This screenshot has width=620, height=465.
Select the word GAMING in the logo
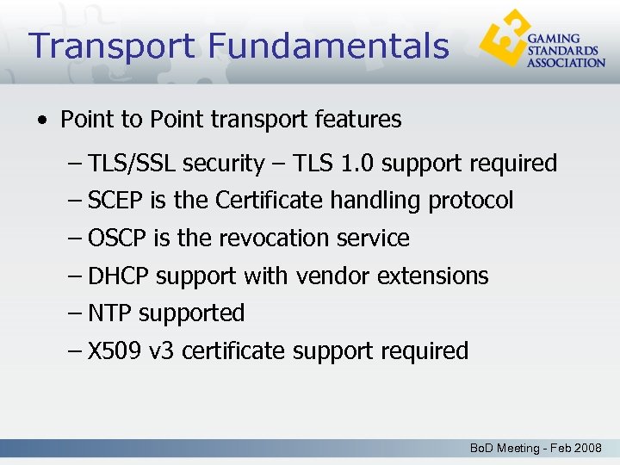553,40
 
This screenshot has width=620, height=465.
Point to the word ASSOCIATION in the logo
566,62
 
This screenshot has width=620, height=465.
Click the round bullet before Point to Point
43,120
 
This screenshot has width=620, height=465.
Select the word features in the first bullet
364,119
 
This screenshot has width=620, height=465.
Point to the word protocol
470,201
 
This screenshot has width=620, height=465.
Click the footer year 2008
587,449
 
